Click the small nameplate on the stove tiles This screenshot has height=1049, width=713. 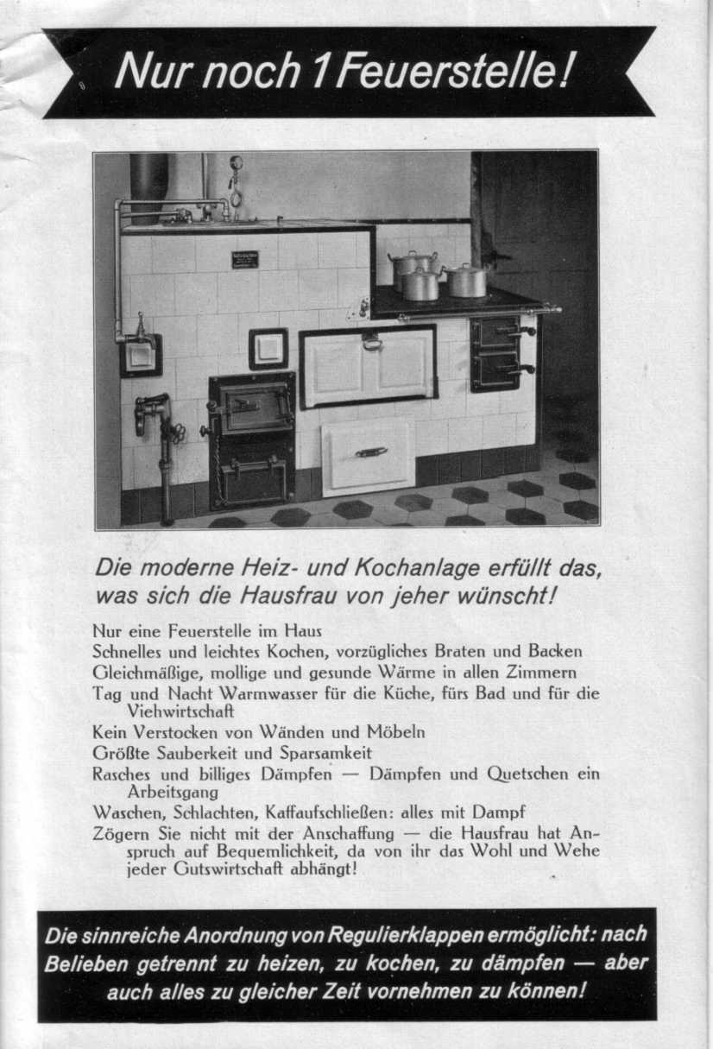tap(244, 259)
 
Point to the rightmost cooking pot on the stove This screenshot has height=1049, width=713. tap(468, 281)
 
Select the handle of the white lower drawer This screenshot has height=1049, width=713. tap(371, 452)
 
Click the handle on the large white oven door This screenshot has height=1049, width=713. tap(372, 342)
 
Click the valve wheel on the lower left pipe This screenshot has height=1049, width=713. tap(175, 432)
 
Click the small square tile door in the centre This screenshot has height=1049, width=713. tap(268, 348)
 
